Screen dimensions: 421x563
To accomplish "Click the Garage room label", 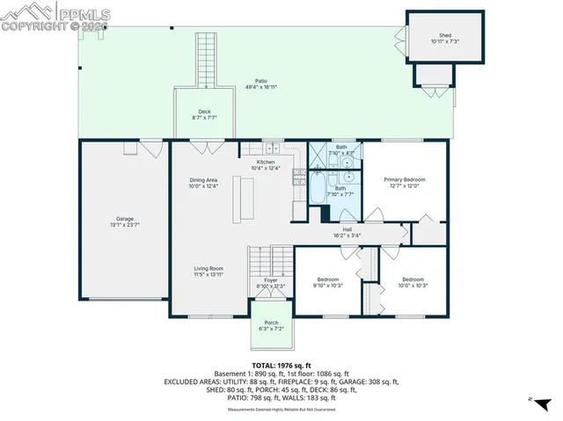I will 125,221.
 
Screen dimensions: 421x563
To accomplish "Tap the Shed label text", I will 444,39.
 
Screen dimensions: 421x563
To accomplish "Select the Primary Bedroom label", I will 406,182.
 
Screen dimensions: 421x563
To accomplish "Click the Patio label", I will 261,83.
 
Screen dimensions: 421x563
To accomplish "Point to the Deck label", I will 204,114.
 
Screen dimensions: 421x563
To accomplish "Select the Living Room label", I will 208,272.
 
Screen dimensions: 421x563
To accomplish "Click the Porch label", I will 270,325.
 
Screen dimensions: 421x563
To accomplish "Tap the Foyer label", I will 271,283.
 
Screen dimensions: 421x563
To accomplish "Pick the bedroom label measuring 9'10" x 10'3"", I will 328,282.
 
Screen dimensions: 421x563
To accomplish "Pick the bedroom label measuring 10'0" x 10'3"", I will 412,282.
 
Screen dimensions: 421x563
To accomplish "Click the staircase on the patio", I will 205,61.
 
